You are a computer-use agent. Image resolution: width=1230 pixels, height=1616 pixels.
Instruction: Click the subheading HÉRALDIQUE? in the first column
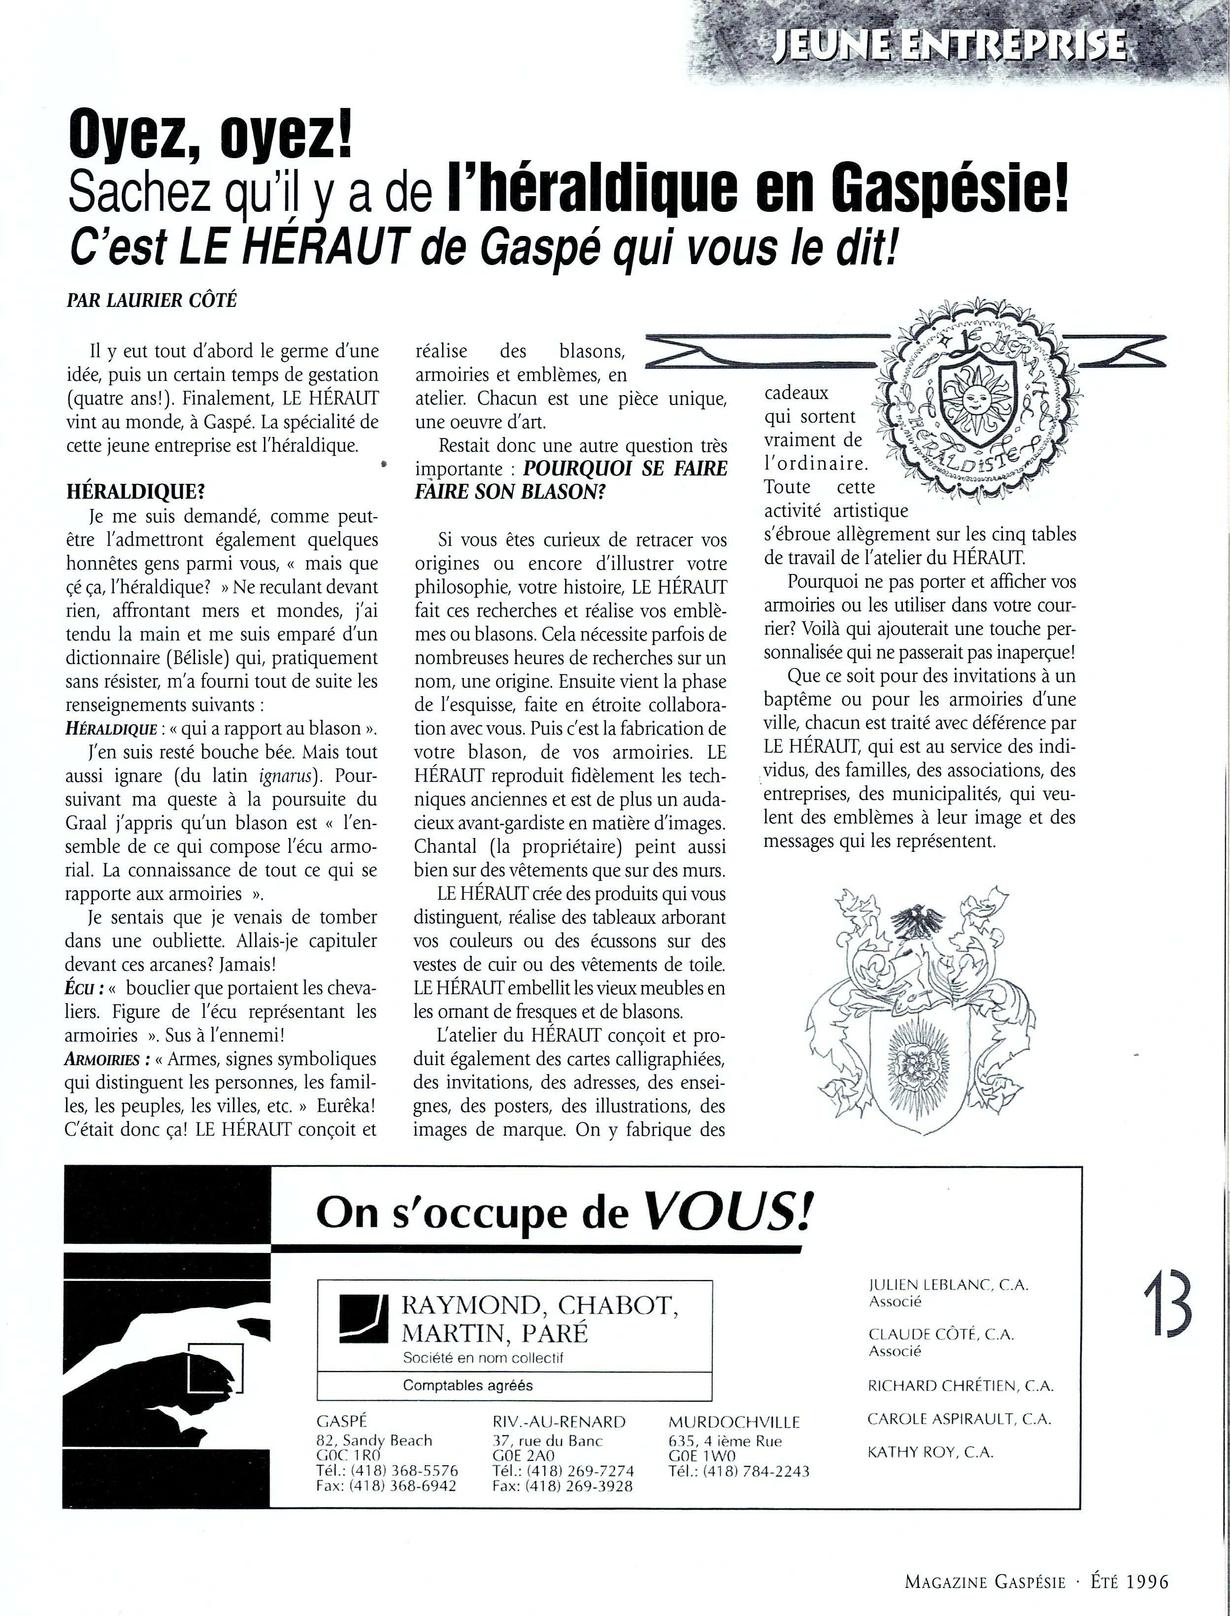(x=126, y=492)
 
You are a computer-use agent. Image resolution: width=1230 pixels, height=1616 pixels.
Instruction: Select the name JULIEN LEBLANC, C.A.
(x=948, y=1285)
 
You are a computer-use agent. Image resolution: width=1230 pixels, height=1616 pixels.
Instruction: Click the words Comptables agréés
(x=468, y=1385)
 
